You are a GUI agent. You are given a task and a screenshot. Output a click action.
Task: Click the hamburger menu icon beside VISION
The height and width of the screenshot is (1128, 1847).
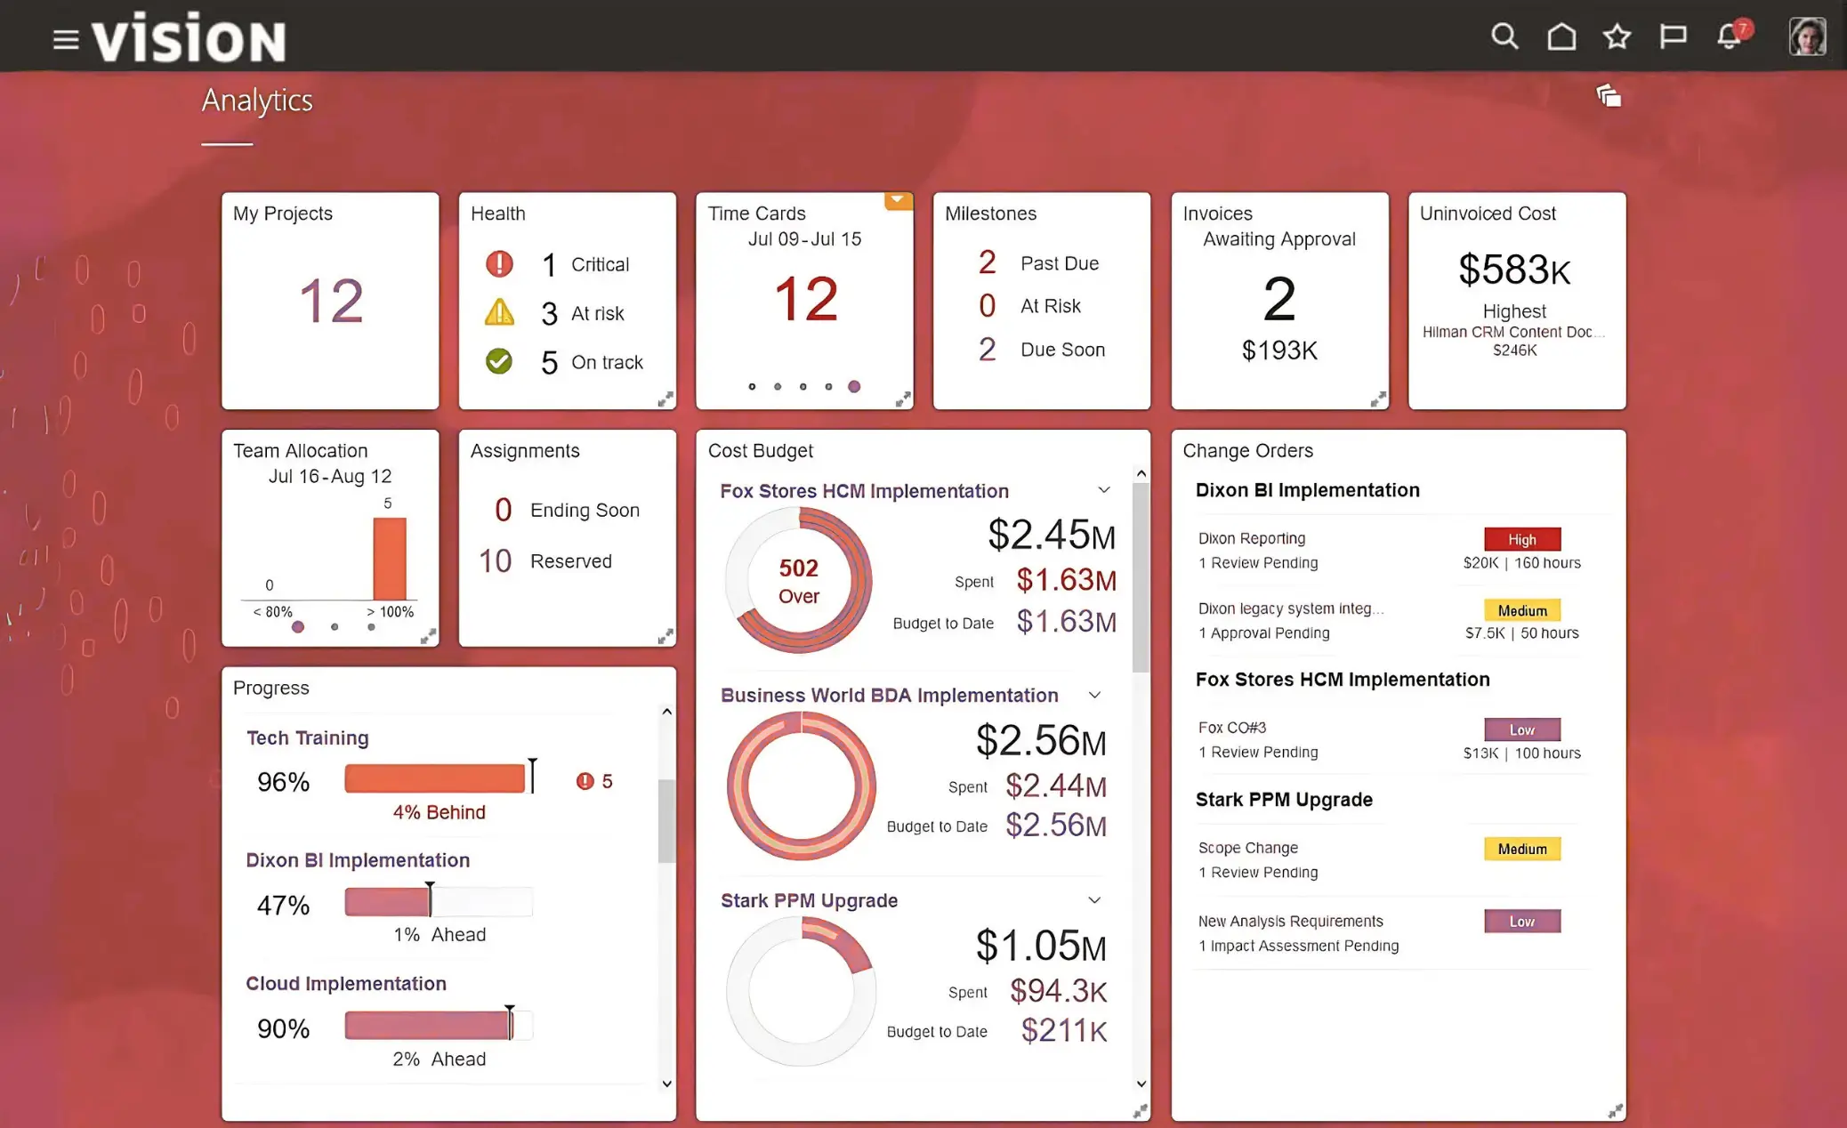point(66,39)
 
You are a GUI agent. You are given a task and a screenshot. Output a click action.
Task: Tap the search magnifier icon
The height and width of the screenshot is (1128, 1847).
point(1504,36)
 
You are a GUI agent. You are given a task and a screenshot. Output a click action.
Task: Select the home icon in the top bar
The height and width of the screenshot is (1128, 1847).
point(1561,36)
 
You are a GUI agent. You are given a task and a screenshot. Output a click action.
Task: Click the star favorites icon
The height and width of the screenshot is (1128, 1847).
point(1617,36)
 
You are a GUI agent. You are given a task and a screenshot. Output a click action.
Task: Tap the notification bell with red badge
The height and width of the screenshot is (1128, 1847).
point(1730,36)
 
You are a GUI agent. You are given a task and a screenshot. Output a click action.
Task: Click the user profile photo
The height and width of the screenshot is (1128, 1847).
point(1807,36)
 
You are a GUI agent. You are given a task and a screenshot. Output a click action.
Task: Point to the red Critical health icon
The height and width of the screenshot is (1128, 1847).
point(499,263)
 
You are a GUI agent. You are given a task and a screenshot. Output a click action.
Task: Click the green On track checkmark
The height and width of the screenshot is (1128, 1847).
point(499,361)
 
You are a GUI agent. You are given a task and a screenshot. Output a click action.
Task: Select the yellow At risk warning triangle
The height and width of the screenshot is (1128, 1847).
point(499,312)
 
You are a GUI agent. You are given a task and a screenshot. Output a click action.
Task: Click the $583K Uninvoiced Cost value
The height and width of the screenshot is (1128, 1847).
point(1514,270)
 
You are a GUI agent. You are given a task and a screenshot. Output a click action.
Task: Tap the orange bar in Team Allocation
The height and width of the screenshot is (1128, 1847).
point(390,559)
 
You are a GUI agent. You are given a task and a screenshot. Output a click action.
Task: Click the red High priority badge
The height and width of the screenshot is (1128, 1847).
point(1521,539)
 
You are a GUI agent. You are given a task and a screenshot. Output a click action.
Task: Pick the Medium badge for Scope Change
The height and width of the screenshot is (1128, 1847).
point(1521,849)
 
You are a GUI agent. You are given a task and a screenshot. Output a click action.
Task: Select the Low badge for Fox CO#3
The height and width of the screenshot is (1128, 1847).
point(1521,729)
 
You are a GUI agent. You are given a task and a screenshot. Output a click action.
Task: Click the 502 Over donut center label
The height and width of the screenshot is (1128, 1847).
point(798,581)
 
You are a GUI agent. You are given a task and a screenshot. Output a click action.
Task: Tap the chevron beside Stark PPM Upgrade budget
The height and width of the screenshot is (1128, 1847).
point(1094,899)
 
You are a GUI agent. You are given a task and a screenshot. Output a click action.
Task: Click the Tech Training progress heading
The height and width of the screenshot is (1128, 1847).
point(307,737)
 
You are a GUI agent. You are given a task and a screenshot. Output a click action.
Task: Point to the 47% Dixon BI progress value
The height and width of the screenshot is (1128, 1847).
point(283,906)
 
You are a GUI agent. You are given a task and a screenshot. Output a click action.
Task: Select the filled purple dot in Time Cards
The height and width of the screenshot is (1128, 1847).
point(854,386)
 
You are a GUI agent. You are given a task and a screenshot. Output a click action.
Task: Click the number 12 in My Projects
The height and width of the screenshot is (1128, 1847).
point(330,301)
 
